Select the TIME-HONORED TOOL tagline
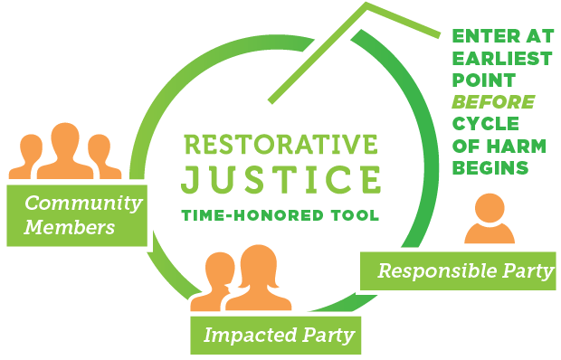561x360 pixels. coord(280,215)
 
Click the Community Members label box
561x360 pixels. coord(76,214)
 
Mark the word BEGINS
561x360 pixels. coord(490,167)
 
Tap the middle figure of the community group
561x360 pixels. coord(63,149)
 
